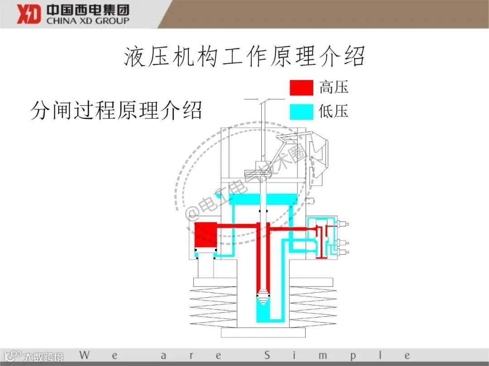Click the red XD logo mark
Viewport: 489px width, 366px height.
(29, 14)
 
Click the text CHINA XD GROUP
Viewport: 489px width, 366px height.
(88, 20)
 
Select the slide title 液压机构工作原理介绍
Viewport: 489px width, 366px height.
(244, 57)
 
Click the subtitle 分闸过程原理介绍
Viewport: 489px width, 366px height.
(116, 110)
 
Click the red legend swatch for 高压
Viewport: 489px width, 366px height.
(301, 88)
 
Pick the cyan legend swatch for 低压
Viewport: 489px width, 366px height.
(301, 112)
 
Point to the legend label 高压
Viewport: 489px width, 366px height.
(334, 87)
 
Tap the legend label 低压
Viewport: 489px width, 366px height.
(334, 111)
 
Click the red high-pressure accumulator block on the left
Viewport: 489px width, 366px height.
(206, 235)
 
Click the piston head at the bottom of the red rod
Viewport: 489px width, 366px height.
(263, 296)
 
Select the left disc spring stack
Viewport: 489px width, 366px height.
(213, 307)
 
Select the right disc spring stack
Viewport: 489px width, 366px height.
(312, 307)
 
